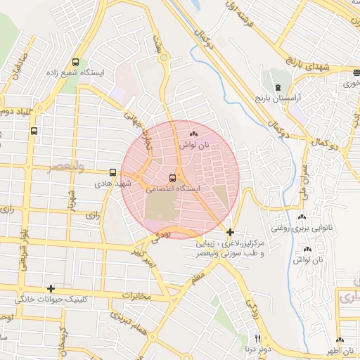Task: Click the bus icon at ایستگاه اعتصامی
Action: click(x=173, y=179)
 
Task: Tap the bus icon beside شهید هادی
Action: click(x=112, y=172)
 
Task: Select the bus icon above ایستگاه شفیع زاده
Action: click(x=75, y=62)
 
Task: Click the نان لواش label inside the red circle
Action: click(x=195, y=145)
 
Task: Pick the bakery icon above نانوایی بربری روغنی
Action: click(x=302, y=217)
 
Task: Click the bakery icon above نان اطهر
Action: click(x=340, y=340)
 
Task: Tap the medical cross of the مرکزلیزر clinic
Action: click(x=230, y=231)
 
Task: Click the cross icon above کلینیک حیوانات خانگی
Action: click(x=51, y=288)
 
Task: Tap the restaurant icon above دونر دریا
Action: click(x=257, y=338)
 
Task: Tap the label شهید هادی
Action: click(x=114, y=184)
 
